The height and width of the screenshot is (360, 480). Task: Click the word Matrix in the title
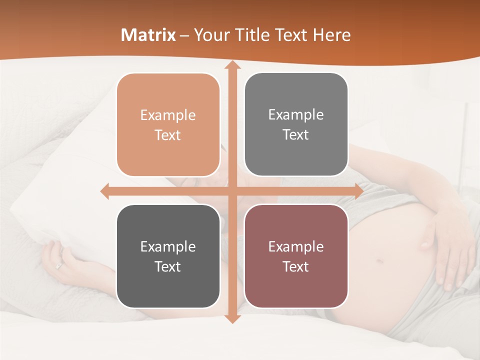pos(148,35)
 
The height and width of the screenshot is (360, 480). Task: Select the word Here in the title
pos(332,35)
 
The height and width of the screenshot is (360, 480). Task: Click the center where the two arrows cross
pos(232,191)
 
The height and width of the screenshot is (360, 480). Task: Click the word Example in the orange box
pos(168,115)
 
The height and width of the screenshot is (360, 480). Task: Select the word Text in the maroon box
pos(296,266)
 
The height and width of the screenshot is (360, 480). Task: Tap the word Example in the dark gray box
pos(168,246)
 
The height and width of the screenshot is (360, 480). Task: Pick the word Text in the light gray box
pos(296,135)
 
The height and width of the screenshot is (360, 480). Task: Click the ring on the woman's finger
pos(59,265)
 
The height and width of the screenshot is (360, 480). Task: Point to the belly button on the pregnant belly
pos(380,260)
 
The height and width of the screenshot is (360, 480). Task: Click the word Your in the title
pos(210,35)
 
